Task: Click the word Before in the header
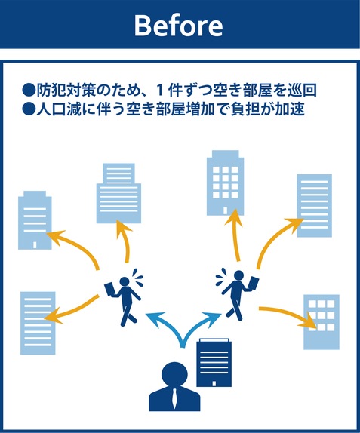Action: (x=178, y=26)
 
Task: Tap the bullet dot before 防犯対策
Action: (x=29, y=90)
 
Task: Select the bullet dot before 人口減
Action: (x=29, y=109)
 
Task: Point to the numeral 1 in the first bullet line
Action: (x=160, y=90)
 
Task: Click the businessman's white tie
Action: (x=174, y=399)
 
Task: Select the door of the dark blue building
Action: (x=214, y=384)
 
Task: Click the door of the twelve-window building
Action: (x=225, y=211)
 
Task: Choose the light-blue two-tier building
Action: (x=118, y=193)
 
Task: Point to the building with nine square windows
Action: (x=322, y=322)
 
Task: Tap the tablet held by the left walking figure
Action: (x=111, y=290)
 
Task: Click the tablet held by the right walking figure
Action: (x=253, y=283)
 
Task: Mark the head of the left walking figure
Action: (x=125, y=281)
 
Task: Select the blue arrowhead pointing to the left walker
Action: (x=154, y=318)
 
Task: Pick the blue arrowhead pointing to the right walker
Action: (x=213, y=318)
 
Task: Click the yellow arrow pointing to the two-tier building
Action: (x=125, y=240)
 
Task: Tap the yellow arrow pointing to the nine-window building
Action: (x=288, y=317)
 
